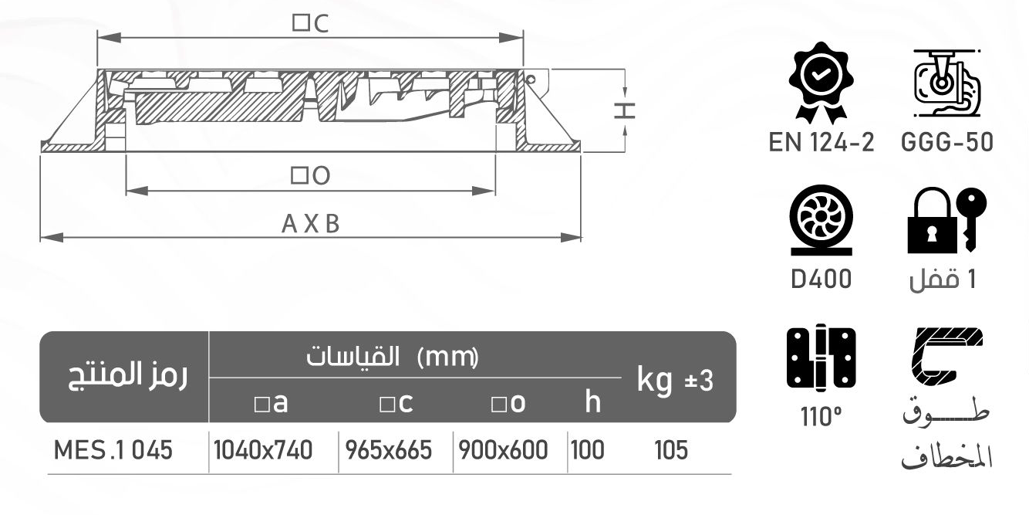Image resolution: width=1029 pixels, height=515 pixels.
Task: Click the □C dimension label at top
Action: click(310, 24)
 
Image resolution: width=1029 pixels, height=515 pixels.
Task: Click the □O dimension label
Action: click(310, 176)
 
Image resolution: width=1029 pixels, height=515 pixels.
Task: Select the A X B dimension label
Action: click(310, 225)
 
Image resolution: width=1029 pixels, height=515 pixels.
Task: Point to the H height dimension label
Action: click(626, 110)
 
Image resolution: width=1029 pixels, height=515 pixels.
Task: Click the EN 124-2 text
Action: click(821, 144)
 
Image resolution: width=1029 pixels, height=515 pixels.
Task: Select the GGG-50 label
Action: click(946, 144)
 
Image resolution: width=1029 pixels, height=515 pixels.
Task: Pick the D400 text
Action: click(821, 279)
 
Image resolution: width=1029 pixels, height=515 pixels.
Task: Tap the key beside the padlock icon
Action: click(970, 216)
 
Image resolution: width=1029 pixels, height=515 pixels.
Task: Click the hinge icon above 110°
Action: click(821, 357)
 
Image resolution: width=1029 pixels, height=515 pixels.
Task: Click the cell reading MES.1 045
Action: click(113, 450)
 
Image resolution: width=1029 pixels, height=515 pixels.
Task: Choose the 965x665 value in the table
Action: click(394, 450)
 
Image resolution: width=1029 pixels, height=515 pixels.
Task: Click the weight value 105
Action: click(670, 450)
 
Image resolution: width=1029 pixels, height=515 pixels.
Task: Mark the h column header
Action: click(592, 401)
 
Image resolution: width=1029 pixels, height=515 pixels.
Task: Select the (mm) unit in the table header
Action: click(447, 357)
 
